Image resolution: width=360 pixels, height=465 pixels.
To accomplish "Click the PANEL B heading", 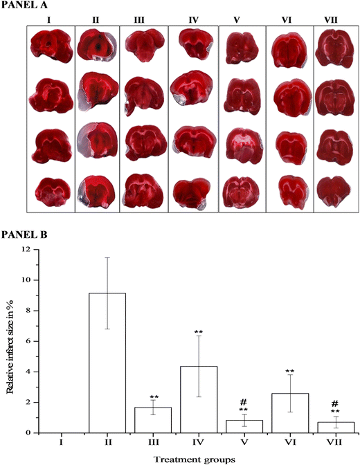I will [x=24, y=234].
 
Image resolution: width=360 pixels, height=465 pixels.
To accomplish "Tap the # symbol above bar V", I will [x=244, y=401].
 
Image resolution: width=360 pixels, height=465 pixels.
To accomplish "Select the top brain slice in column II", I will [x=98, y=47].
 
